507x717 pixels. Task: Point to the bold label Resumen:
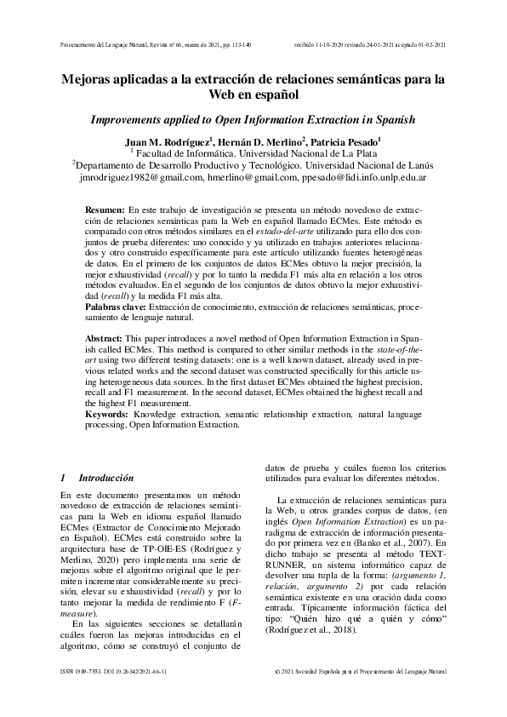(105, 209)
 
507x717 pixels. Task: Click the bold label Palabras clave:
(117, 305)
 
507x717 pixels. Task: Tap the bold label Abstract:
(105, 339)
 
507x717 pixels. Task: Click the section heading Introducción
(106, 479)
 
